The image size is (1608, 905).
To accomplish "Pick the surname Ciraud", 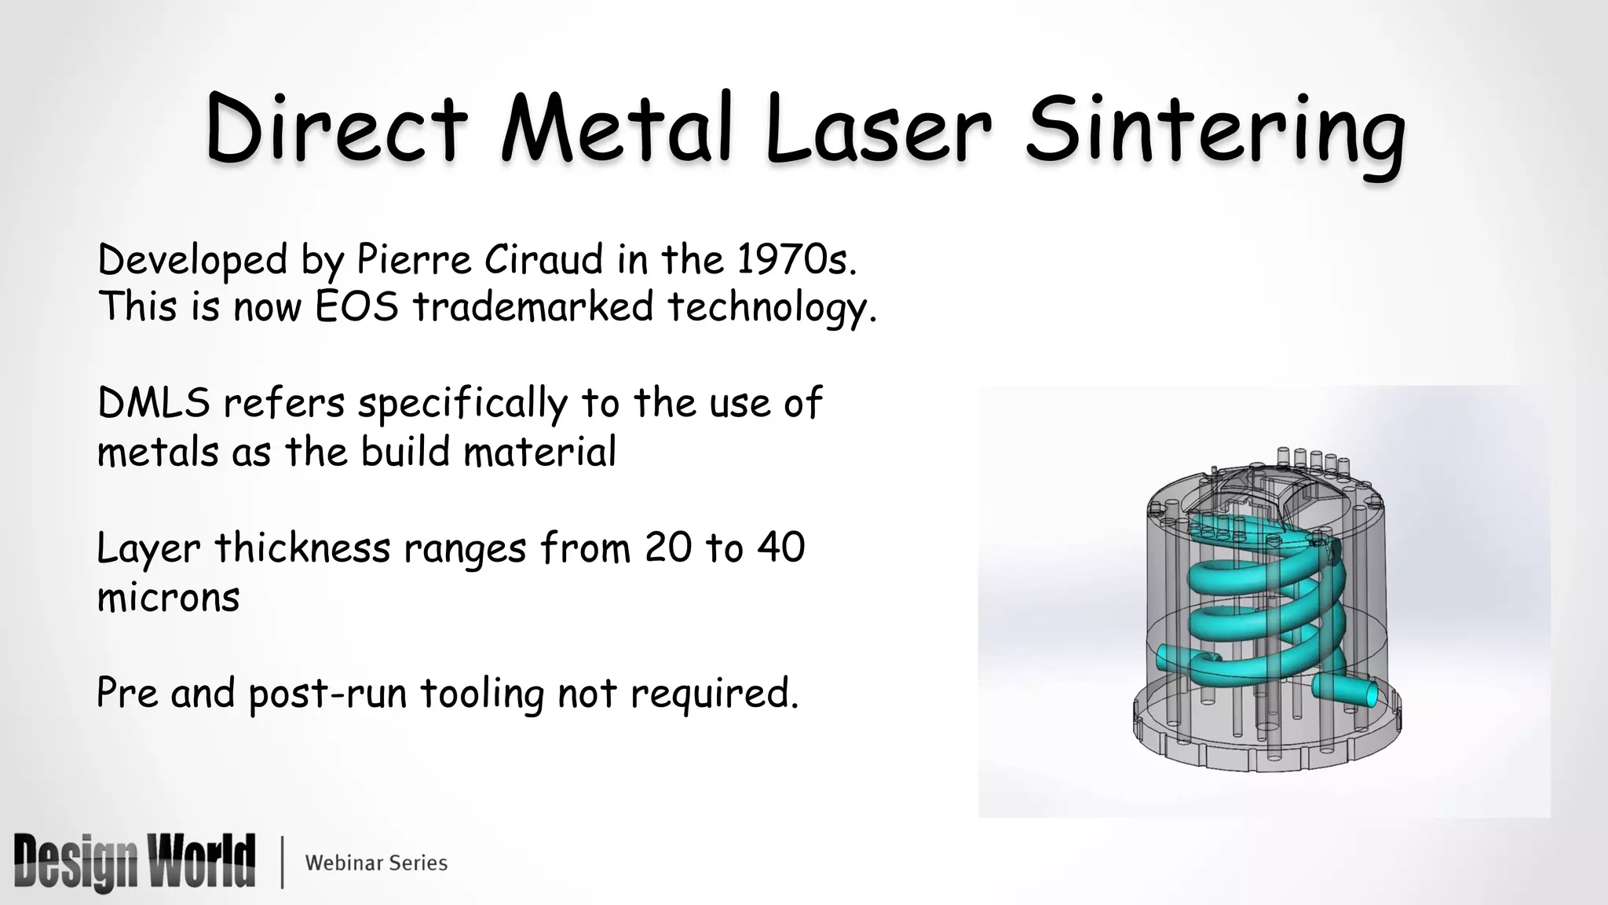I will coord(543,259).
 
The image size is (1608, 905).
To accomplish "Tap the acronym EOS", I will coord(357,306).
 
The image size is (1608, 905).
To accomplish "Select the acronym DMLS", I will coord(154,403).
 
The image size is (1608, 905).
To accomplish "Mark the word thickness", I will coord(302,548).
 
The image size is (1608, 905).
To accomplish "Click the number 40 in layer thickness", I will coord(781,548).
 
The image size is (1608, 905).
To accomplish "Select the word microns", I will coord(168,597).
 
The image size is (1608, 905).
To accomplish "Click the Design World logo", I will coord(134,862).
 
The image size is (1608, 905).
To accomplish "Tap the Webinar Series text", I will coord(376,863).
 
